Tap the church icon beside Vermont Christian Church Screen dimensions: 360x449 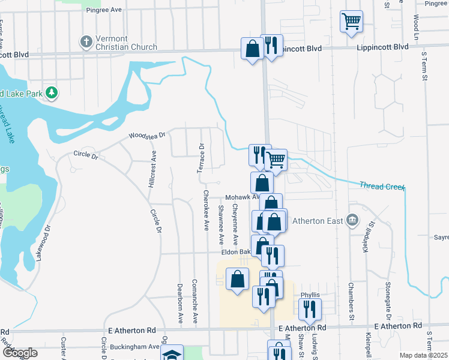[86, 42]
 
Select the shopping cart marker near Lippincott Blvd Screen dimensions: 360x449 [351, 22]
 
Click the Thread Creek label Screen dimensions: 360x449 [382, 187]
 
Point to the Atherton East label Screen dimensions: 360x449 [318, 221]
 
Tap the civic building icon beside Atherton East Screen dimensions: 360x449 [352, 220]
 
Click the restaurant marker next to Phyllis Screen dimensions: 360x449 [310, 309]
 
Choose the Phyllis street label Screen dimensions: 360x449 [310, 295]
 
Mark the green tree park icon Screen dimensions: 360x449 [52, 92]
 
